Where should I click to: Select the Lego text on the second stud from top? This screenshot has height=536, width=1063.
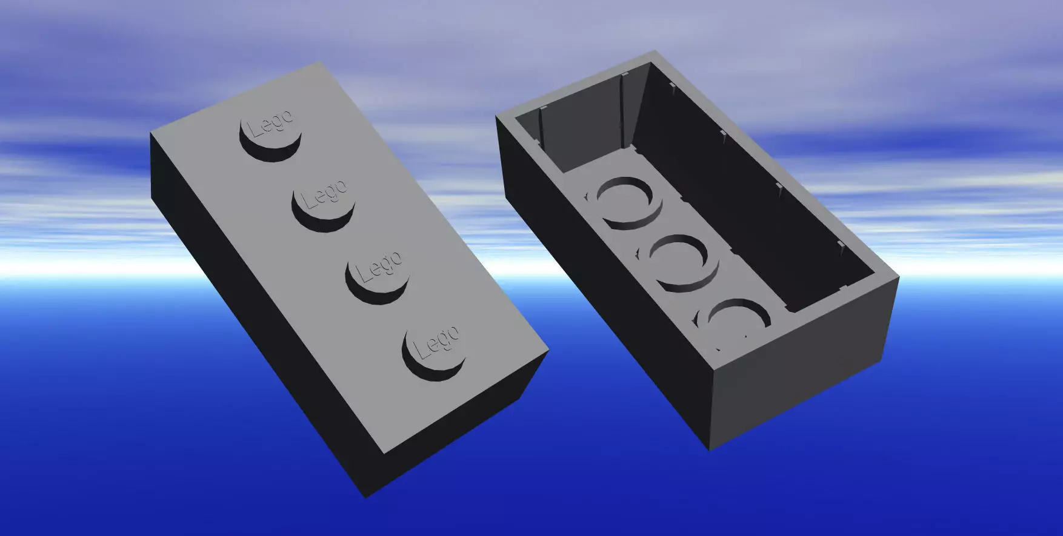pos(324,193)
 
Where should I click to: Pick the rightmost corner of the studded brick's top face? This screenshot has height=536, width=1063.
pos(548,349)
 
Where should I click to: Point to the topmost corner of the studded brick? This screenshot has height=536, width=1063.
pos(321,61)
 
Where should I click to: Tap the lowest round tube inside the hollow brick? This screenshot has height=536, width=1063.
pos(733,321)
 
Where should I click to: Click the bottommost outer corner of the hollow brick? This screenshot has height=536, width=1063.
pos(710,450)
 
